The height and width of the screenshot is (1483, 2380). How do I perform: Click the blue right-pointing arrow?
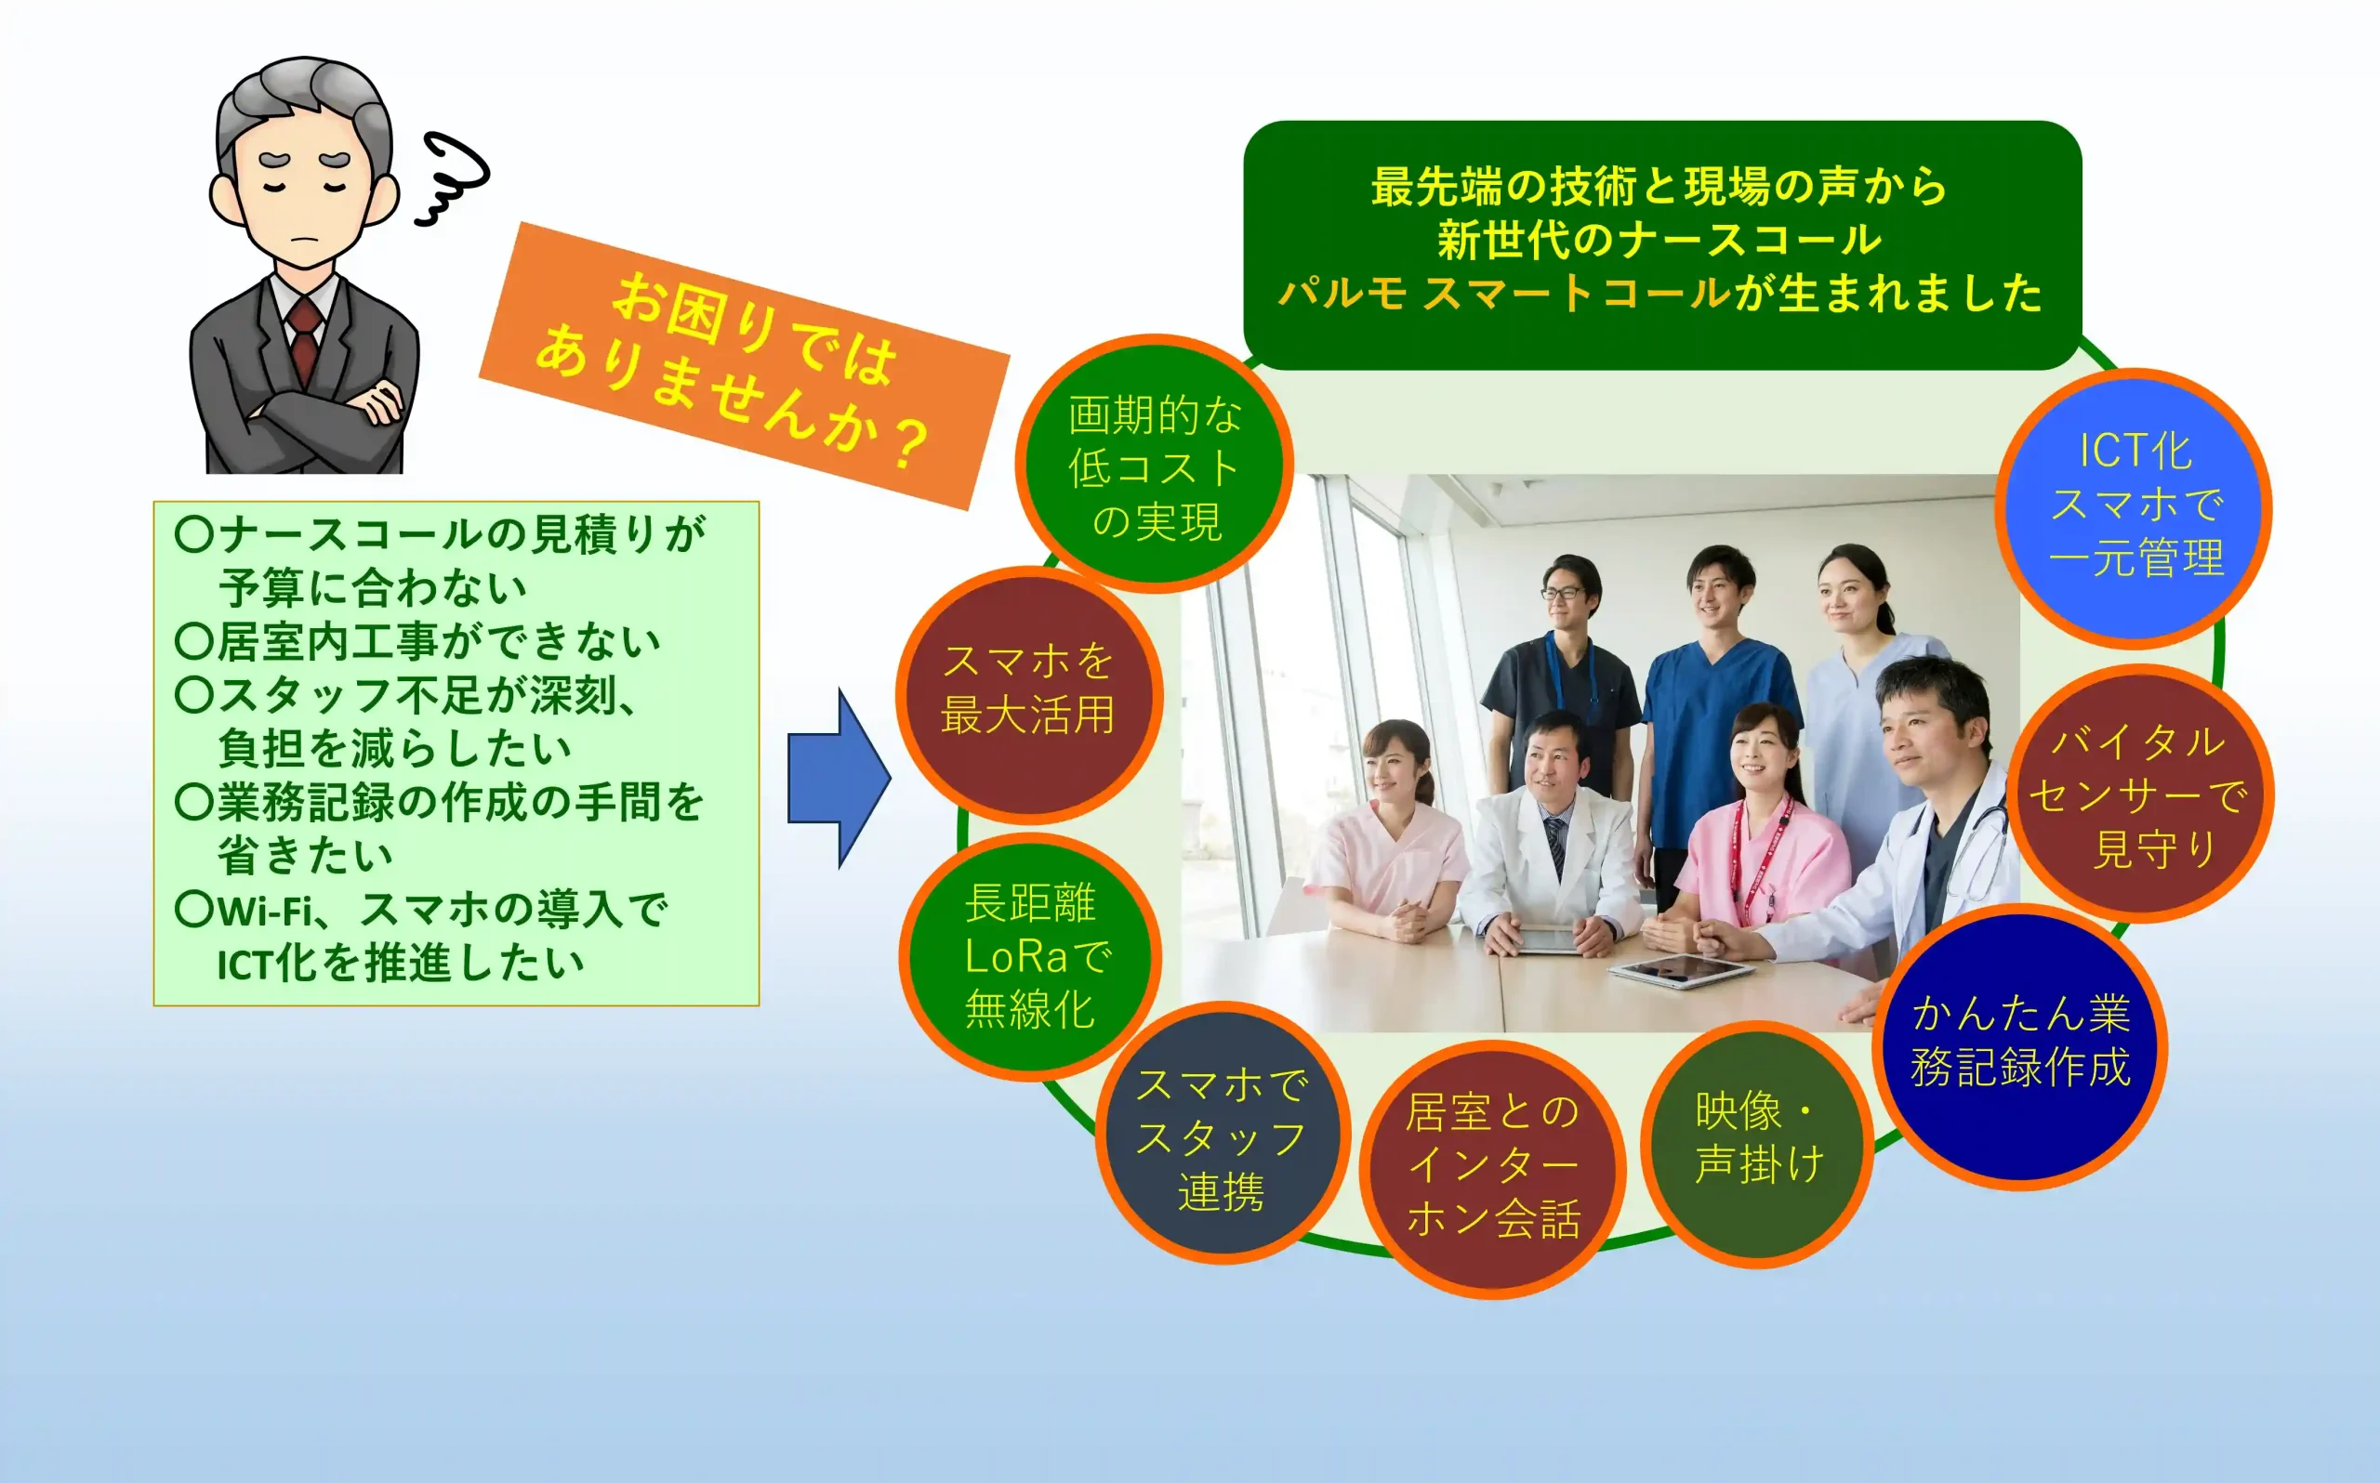pos(839,779)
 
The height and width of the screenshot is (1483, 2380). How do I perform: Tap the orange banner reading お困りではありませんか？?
pos(744,366)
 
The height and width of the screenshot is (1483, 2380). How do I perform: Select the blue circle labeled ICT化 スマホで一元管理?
pos(2135,507)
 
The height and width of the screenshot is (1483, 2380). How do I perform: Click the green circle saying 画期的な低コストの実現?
pos(1155,464)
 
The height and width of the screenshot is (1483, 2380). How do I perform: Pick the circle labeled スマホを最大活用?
pos(1029,694)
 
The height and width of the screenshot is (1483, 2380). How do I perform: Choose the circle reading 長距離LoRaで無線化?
pos(1030,956)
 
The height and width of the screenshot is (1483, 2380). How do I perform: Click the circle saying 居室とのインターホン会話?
pos(1492,1168)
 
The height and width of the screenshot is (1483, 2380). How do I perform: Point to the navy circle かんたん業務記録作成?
pos(2019,1045)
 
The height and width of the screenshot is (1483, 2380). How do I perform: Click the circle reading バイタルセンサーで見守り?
pos(2139,794)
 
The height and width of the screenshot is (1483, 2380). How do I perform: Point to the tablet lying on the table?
pos(1682,971)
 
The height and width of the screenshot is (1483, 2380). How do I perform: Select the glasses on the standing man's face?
pos(1562,593)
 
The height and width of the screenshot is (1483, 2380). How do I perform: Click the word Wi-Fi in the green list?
pos(265,912)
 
